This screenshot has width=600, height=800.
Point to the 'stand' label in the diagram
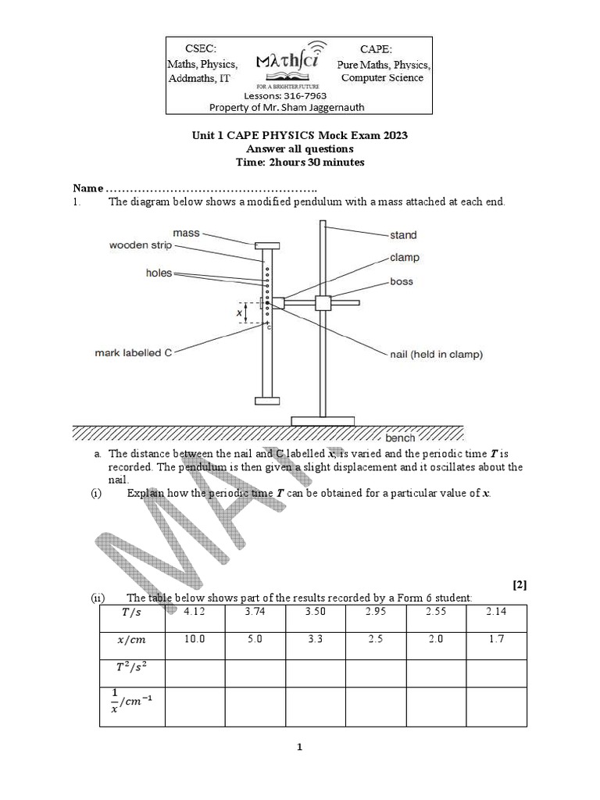[x=403, y=234]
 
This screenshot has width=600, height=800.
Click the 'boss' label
[x=402, y=281]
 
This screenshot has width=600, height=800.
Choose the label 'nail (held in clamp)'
[x=436, y=354]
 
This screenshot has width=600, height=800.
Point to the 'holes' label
[x=159, y=273]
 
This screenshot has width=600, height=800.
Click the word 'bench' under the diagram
[x=401, y=438]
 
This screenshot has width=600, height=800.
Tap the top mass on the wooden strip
[x=266, y=246]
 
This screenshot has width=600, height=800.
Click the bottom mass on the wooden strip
[x=266, y=402]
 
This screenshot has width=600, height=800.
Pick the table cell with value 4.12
[x=194, y=612]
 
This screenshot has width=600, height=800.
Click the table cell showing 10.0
[x=194, y=639]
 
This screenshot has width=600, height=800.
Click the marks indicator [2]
[x=520, y=584]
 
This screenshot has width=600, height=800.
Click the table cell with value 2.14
[x=496, y=612]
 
